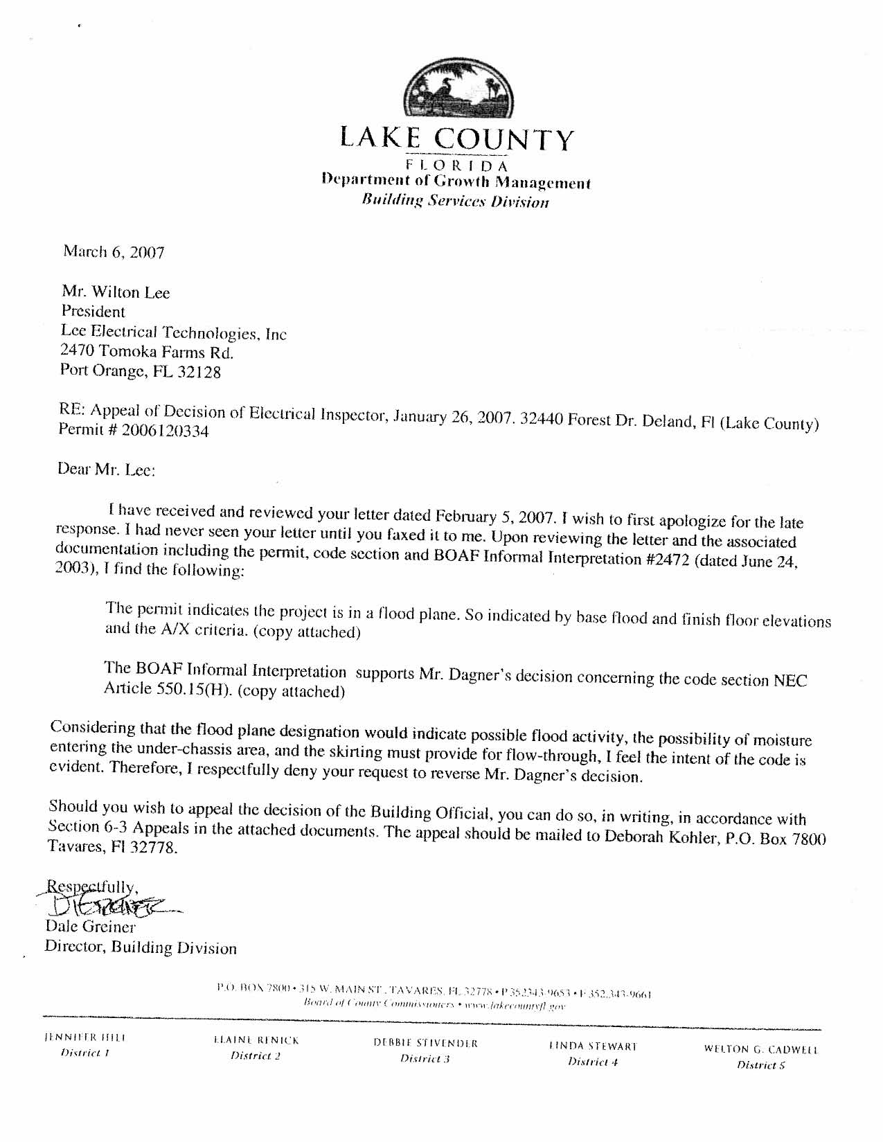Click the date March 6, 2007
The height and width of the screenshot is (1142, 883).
coord(114,251)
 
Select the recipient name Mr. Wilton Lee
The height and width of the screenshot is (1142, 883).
coord(116,292)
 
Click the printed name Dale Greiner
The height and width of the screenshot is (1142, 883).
coord(90,926)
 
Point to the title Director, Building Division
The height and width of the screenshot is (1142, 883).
coord(141,947)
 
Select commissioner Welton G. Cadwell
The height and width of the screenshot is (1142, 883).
coord(761,1049)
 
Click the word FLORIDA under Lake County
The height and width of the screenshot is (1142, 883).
coord(456,166)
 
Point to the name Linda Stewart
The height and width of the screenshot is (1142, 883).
coord(592,1046)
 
